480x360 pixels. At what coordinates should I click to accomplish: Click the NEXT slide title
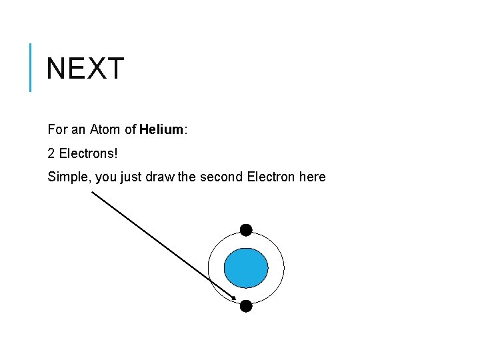tap(85, 69)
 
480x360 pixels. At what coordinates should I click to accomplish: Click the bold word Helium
tap(161, 129)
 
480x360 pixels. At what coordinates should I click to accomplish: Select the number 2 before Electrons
tap(51, 153)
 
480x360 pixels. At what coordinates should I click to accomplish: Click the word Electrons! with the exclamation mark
tap(89, 153)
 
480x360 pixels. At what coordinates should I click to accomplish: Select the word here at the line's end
tap(313, 177)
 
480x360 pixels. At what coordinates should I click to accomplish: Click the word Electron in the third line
tap(271, 177)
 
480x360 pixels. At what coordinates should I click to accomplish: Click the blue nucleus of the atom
tap(246, 268)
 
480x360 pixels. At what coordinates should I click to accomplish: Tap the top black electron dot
tap(246, 231)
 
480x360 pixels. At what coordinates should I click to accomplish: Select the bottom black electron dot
tap(246, 306)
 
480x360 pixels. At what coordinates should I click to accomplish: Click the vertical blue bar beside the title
tap(31, 67)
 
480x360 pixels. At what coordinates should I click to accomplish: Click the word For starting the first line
tap(57, 129)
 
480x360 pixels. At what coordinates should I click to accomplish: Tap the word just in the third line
tap(131, 177)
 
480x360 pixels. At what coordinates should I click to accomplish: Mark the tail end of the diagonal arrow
tap(92, 193)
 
